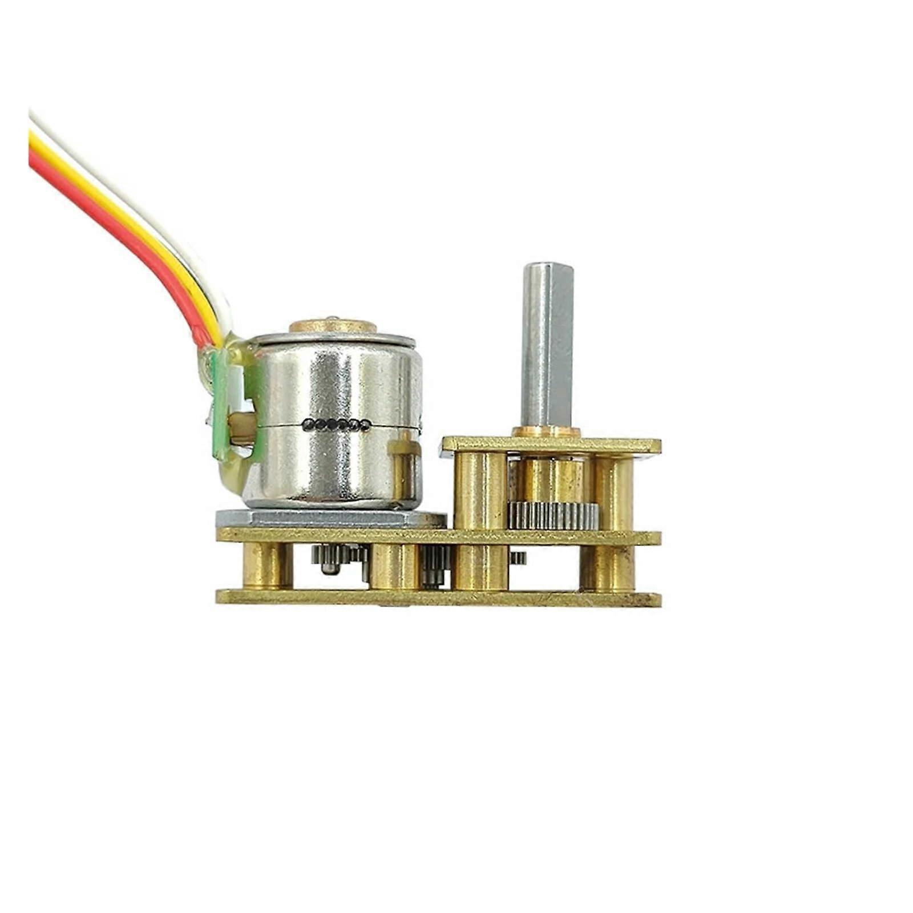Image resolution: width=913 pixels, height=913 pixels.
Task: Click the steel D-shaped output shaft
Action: [x=546, y=348]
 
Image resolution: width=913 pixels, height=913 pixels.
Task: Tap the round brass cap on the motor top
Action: [x=333, y=326]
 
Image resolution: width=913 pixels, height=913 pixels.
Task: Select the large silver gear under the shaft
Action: [x=552, y=515]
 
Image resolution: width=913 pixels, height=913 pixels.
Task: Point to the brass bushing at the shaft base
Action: [x=546, y=432]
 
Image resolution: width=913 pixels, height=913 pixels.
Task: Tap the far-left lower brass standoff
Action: [x=268, y=565]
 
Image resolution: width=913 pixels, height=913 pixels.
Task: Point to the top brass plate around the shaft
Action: [x=616, y=445]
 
